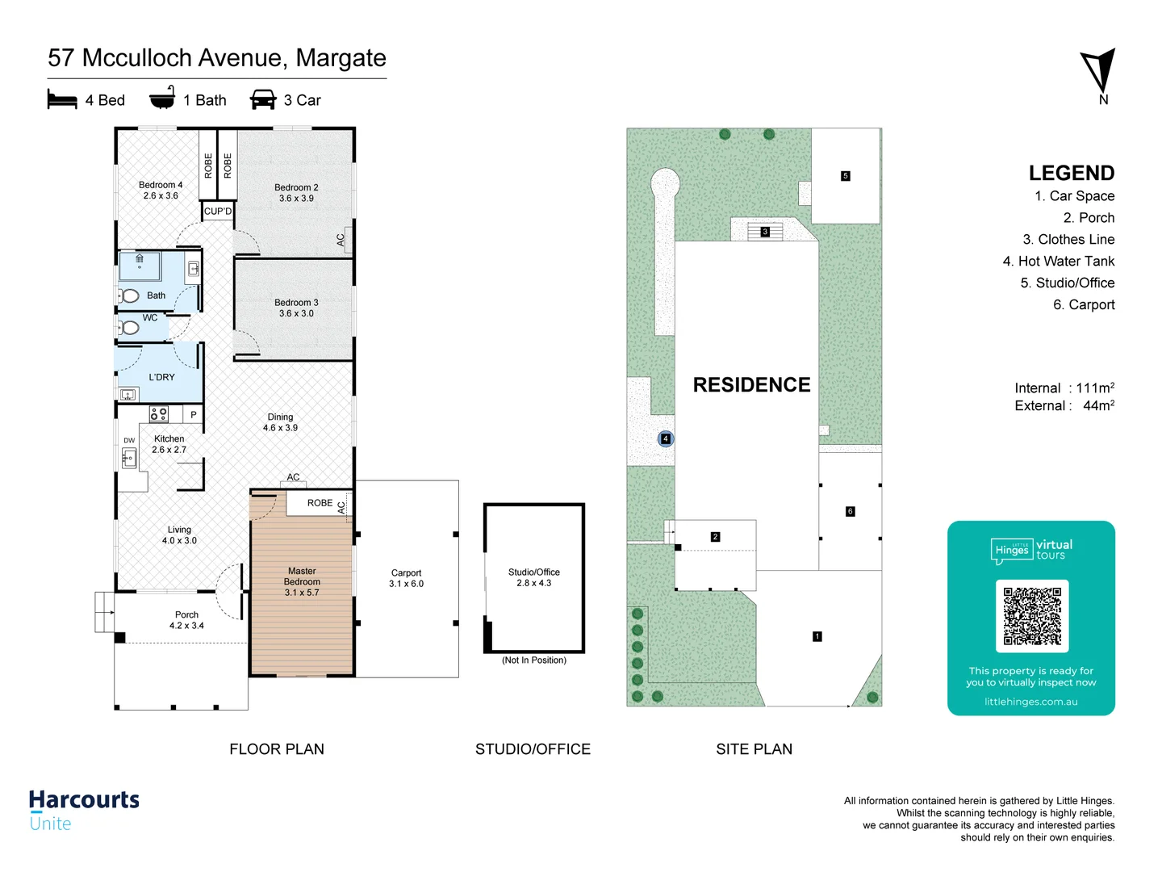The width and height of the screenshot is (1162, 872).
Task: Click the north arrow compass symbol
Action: [x=1099, y=72]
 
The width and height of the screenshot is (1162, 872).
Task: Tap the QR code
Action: [x=1032, y=616]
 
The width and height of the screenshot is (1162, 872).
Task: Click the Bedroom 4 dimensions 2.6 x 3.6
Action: [x=161, y=196]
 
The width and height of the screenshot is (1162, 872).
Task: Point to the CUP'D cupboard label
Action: [x=218, y=212]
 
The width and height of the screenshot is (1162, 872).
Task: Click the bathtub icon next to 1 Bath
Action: [x=162, y=98]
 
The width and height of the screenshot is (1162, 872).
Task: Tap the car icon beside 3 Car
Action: [x=263, y=99]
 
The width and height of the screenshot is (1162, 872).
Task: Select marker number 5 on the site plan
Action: [x=846, y=176]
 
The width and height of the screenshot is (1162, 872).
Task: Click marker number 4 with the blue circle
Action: [x=666, y=439]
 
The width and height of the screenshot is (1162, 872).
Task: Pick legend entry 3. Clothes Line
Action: [x=1068, y=240]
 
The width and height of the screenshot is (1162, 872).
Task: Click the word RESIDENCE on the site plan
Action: [x=751, y=385]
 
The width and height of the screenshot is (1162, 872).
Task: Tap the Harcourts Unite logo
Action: [x=84, y=810]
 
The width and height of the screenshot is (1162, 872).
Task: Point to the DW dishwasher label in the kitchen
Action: [x=129, y=441]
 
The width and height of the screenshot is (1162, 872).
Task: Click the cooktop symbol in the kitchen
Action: [x=159, y=414]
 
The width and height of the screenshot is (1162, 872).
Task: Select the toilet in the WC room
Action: [x=128, y=328]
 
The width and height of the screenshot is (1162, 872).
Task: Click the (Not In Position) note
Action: [x=534, y=660]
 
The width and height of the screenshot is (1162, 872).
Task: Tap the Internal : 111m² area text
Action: [x=1064, y=388]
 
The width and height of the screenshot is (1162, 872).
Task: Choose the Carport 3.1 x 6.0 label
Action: [x=406, y=578]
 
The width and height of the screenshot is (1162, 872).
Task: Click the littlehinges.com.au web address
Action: [x=1030, y=702]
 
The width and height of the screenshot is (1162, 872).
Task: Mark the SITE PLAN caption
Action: [x=754, y=749]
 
